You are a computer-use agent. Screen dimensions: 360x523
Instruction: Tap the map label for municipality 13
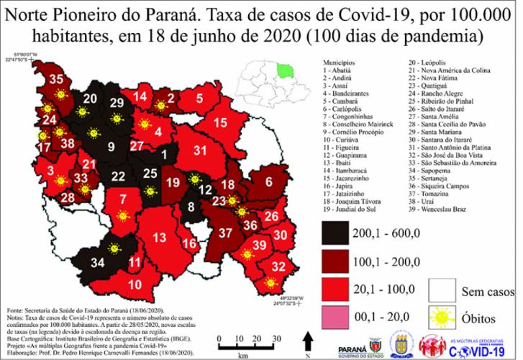click(160, 238)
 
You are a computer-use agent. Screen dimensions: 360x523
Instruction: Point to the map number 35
click(55, 80)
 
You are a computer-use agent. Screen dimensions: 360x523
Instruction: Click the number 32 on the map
click(277, 267)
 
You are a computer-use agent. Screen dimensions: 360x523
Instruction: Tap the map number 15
click(220, 122)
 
